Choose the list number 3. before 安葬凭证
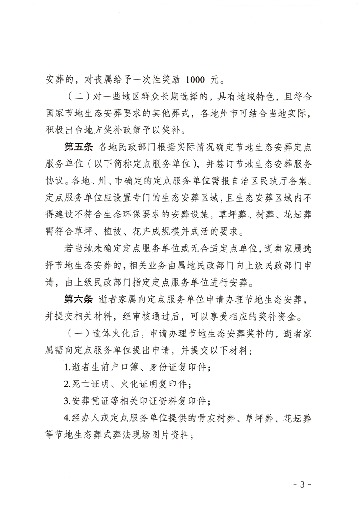click(67, 401)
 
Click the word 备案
click(301, 182)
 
